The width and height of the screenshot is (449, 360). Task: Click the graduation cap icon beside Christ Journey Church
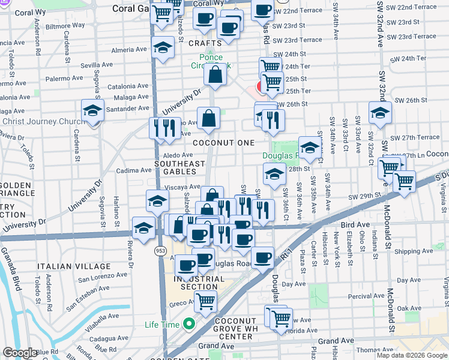(x=92, y=111)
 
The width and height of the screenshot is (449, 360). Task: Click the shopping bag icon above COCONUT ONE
(x=208, y=118)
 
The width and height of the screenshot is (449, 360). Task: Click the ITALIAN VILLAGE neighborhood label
(x=74, y=266)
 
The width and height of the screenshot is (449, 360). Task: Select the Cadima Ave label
(x=133, y=170)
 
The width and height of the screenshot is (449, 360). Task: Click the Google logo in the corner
(x=20, y=353)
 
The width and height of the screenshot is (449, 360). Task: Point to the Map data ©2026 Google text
(x=412, y=355)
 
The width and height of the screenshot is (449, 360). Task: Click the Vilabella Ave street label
(x=95, y=316)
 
